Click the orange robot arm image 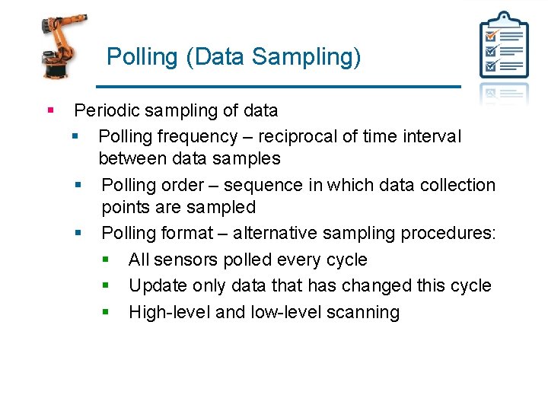tap(62, 46)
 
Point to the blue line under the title tap(279, 86)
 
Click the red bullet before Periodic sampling tap(50, 110)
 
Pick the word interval tap(434, 136)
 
